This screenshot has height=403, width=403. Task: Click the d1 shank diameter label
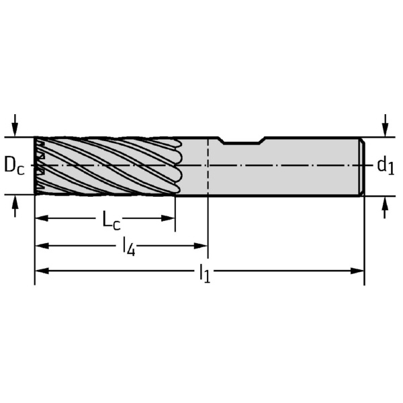pos(386,165)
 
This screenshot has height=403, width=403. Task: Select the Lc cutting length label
pos(111,220)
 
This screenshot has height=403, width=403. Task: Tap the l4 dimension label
pos(129,247)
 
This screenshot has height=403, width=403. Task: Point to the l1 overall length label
pos(205,273)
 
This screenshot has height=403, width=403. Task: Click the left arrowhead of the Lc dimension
pos(42,218)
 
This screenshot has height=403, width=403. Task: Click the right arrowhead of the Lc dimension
pos(168,218)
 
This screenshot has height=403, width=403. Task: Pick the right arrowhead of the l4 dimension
pos(201,246)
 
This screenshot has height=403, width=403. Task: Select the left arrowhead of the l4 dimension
pos(42,246)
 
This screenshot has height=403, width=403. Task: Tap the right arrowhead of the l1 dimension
pos(357,271)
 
